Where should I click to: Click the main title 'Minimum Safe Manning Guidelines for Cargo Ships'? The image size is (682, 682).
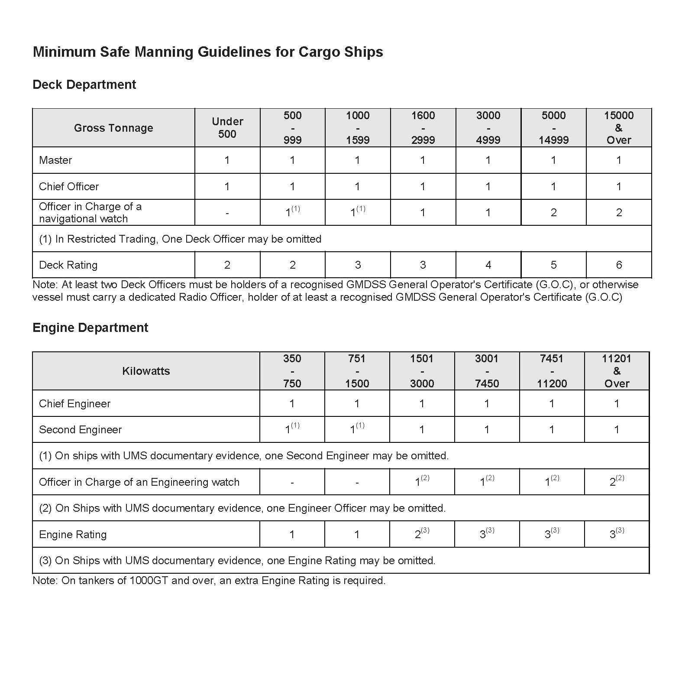[x=208, y=52]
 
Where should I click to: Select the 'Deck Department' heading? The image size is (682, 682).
[x=84, y=84]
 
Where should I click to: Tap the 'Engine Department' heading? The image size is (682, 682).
[x=90, y=328]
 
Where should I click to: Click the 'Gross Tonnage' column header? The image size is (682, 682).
[x=113, y=128]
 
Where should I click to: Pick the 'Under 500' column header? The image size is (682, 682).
[x=227, y=128]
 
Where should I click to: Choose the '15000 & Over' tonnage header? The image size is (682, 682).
[x=619, y=128]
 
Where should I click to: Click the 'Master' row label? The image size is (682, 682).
[x=55, y=160]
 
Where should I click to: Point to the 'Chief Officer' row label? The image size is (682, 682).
[x=69, y=187]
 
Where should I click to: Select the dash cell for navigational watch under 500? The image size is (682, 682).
[x=227, y=213]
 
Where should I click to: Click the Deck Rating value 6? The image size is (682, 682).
[x=619, y=265]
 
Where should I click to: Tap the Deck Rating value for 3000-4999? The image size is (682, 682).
[x=488, y=265]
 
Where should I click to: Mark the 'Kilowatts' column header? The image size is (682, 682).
[x=146, y=371]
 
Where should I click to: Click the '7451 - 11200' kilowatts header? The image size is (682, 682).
[x=552, y=371]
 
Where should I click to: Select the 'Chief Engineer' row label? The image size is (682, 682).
[x=74, y=404]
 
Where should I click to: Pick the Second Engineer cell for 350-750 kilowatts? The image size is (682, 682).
[x=292, y=429]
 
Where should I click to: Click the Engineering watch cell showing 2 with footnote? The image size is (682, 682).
[x=617, y=482]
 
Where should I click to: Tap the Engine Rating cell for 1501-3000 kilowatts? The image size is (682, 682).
[x=422, y=534]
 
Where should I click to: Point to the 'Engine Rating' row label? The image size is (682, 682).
[x=73, y=535]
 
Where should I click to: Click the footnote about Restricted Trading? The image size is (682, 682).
[x=180, y=239]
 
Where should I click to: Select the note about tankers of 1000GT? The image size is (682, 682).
[x=209, y=581]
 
